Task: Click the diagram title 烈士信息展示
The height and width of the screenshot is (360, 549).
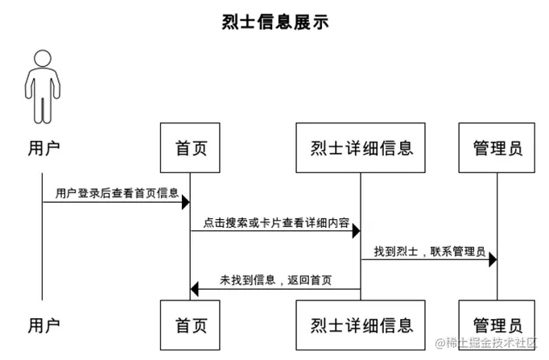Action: (274, 22)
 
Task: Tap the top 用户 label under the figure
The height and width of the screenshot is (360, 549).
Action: (43, 148)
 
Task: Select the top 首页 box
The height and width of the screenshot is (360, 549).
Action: (191, 148)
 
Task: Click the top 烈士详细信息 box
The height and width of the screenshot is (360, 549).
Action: (361, 148)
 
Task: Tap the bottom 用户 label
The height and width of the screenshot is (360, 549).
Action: (43, 325)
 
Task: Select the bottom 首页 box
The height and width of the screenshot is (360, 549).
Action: (191, 325)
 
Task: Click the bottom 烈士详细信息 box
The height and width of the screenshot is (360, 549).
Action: (361, 325)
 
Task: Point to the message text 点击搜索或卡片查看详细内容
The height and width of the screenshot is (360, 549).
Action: (276, 222)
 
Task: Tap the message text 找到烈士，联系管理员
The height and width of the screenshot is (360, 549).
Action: (429, 252)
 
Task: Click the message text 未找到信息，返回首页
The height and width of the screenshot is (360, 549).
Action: (276, 281)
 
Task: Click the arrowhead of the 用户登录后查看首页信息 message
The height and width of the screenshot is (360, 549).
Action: (185, 202)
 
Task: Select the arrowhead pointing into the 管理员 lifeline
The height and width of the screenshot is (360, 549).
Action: (492, 260)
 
